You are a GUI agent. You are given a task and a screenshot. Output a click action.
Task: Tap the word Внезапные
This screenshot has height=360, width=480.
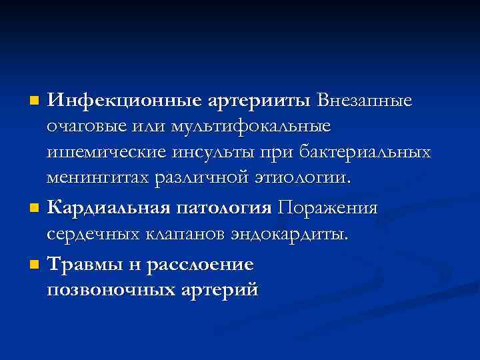365,101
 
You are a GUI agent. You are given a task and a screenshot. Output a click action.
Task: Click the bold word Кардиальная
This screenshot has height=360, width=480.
107,207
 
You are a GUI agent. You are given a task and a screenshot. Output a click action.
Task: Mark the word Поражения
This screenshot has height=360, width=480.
328,207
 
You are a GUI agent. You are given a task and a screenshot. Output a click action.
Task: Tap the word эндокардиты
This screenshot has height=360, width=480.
290,234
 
